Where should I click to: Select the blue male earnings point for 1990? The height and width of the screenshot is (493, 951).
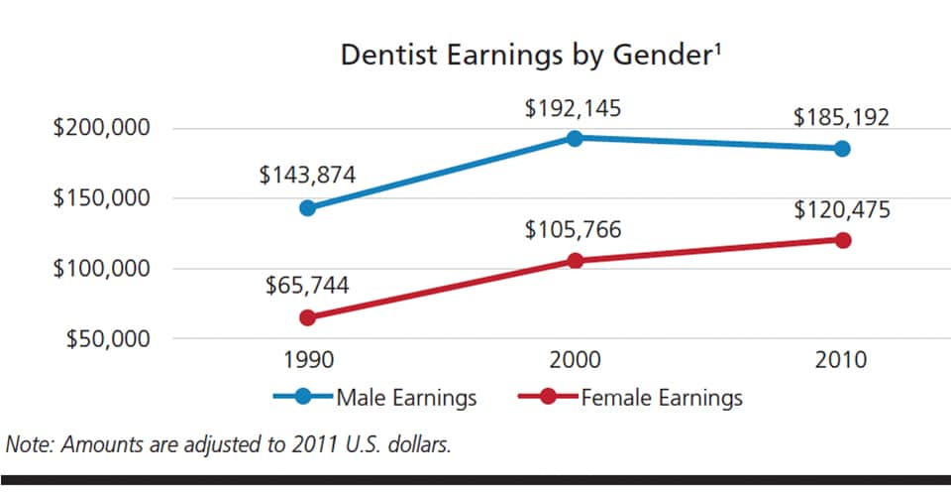pos(307,208)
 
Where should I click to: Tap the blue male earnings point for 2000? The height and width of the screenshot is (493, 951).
pos(574,138)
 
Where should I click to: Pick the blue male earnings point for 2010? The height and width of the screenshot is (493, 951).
pos(842,149)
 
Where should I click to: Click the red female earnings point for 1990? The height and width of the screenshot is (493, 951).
pos(307,317)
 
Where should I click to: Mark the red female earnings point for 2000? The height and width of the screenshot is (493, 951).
pos(574,261)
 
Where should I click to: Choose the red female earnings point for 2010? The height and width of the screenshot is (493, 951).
pos(842,240)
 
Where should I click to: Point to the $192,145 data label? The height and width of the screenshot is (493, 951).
pos(574,107)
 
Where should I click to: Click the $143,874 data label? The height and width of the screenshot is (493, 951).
pos(307,176)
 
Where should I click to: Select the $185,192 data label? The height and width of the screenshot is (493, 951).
pos(841,117)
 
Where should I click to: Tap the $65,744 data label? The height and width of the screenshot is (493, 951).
pos(307,287)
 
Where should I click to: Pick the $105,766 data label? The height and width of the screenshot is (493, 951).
pos(574,230)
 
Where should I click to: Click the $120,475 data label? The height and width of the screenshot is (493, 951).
pos(841,209)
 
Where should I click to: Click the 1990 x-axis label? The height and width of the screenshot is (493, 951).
pos(307,359)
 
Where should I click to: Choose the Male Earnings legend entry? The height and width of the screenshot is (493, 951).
pos(406,399)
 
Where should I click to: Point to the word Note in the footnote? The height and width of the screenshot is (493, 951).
pos(31,443)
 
